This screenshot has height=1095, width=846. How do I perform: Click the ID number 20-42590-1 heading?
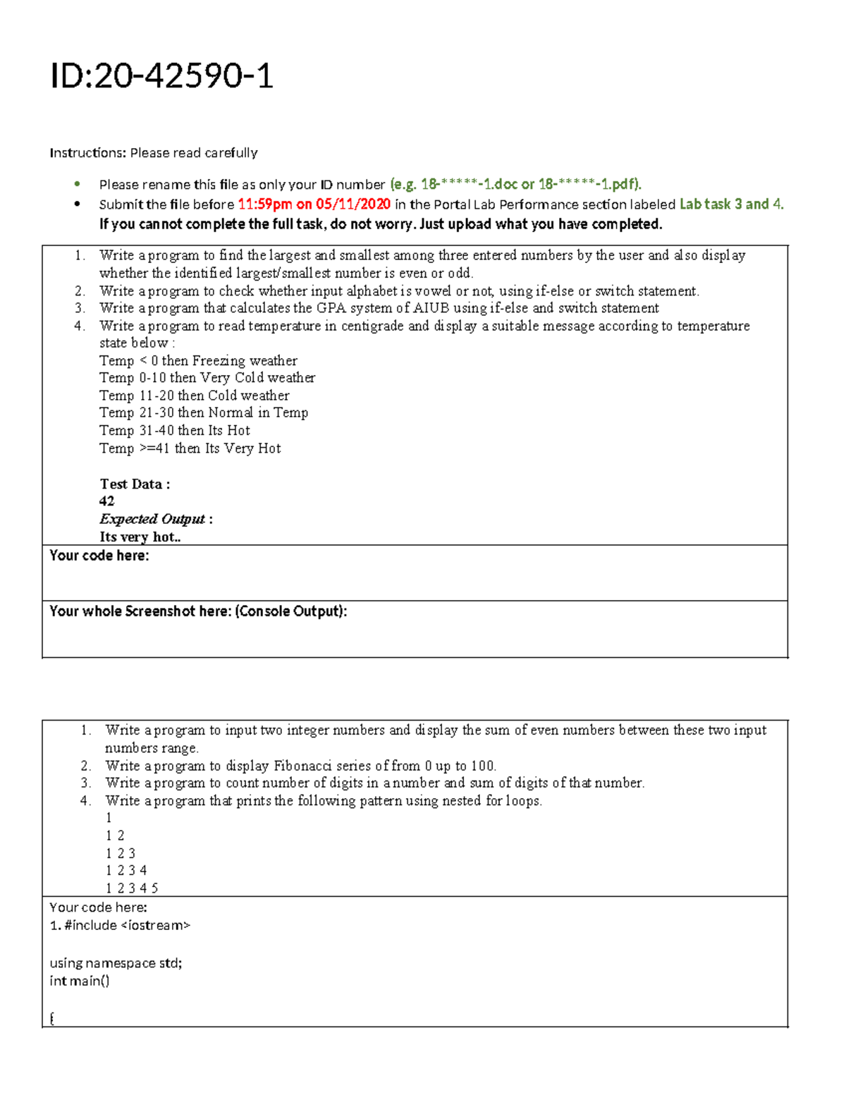[161, 76]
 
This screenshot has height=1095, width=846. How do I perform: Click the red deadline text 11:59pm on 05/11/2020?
[314, 204]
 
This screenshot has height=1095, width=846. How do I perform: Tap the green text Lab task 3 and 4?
[731, 204]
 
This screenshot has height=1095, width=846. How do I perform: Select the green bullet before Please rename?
[78, 185]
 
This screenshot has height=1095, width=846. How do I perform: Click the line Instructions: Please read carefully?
[153, 153]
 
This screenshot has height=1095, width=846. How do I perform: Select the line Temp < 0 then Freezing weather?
[198, 361]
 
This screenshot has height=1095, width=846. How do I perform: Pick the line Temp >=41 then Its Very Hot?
[190, 448]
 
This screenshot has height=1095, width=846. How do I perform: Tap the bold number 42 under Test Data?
[106, 501]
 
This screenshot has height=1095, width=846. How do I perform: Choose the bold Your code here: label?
[99, 556]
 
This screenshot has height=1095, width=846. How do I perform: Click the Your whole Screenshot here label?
[197, 611]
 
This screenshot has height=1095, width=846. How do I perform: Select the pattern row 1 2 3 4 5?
[132, 888]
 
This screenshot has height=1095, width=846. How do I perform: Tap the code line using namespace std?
[116, 963]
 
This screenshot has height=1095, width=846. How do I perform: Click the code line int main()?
[80, 981]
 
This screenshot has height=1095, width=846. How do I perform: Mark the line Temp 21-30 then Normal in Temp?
[204, 413]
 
